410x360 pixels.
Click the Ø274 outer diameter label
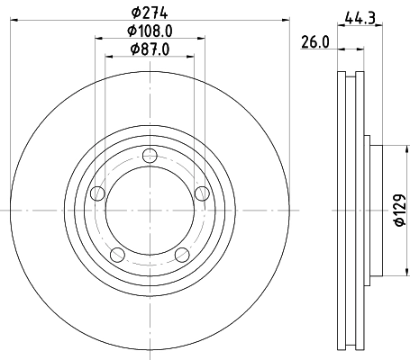[149, 12]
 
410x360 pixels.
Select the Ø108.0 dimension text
[149, 31]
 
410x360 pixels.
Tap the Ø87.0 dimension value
[149, 49]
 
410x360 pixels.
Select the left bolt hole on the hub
[98, 191]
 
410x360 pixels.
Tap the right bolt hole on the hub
[200, 191]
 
